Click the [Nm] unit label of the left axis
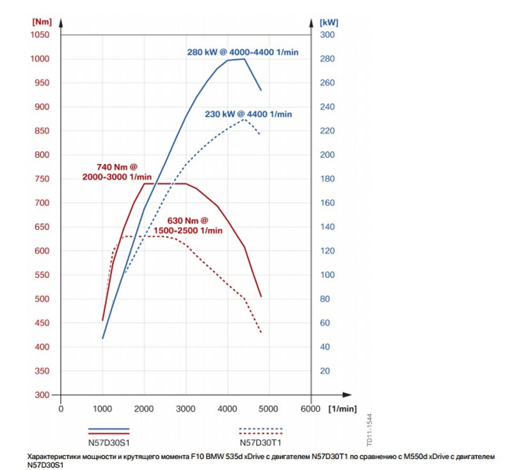[42, 21]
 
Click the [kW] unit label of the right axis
[328, 21]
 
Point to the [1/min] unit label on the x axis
[342, 408]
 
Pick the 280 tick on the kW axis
[328, 59]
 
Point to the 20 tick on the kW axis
[325, 371]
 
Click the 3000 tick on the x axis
[186, 408]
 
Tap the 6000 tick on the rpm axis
[310, 408]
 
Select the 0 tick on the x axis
[61, 408]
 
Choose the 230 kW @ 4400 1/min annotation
[248, 114]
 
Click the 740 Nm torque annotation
[117, 172]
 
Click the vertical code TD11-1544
[369, 430]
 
